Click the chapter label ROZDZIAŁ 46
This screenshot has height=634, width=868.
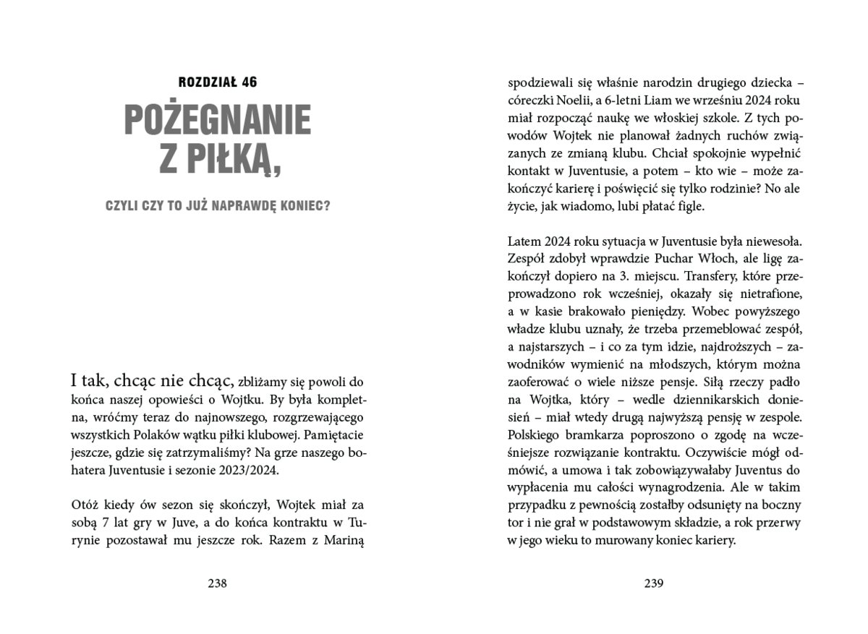coord(217,82)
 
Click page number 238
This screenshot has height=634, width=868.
coord(217,583)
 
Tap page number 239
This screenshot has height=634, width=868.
coord(653,583)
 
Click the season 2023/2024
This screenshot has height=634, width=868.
coord(252,471)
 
